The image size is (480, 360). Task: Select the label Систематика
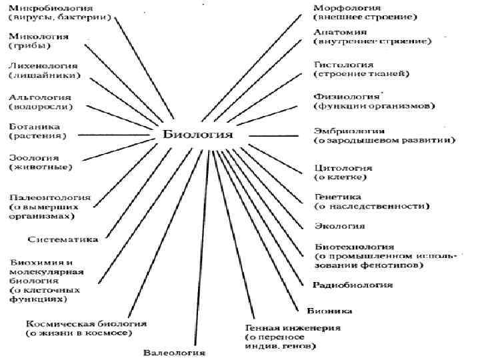coord(63,239)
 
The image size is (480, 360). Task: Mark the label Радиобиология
coord(353,285)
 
